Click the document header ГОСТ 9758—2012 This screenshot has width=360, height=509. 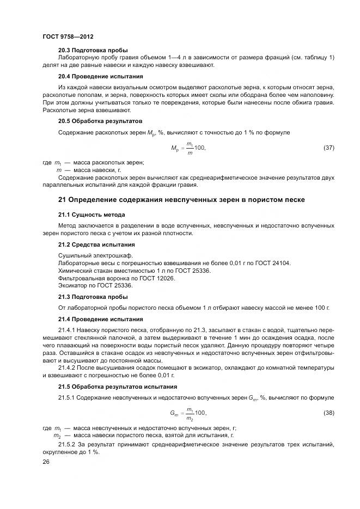68,36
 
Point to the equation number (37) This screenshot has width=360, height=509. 328,148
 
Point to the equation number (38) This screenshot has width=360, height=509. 328,413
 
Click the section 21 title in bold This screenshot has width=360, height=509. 181,200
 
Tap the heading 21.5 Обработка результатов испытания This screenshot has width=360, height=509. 117,387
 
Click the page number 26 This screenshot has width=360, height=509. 46,462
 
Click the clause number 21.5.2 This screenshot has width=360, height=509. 69,445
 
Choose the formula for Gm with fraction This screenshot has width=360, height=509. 188,413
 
